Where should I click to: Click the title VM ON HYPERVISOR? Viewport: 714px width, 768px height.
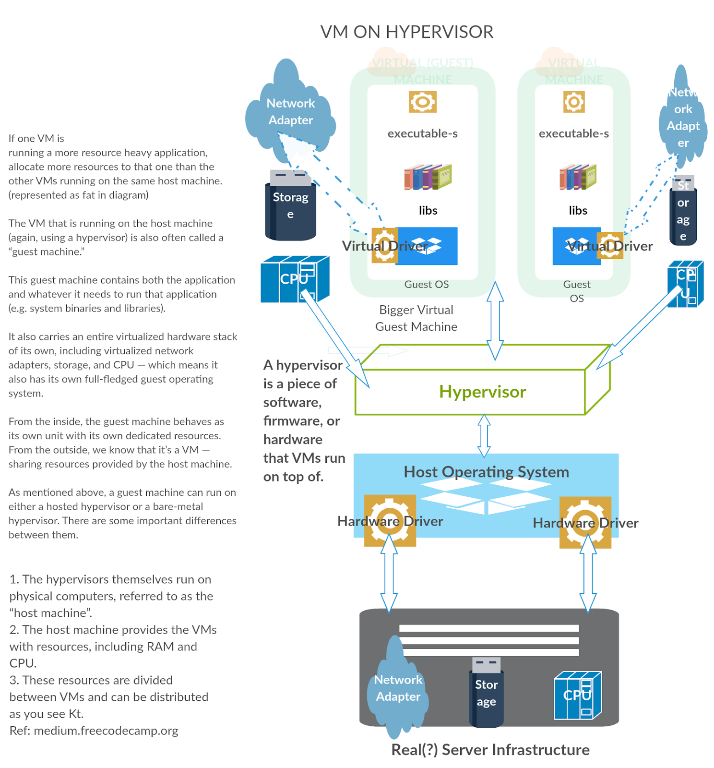[406, 32]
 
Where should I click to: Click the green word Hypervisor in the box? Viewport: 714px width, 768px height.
[482, 392]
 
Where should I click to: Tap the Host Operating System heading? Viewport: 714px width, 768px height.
[486, 472]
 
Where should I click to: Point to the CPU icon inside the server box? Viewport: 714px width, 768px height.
[577, 695]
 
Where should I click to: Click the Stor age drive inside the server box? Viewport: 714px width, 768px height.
[486, 693]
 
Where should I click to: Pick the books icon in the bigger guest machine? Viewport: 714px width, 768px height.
[428, 177]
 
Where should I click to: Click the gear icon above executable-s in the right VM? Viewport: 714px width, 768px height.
[574, 102]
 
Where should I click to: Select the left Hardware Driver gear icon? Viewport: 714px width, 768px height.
[390, 520]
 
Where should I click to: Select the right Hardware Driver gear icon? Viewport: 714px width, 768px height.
[585, 522]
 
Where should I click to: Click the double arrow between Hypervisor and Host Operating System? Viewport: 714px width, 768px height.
[484, 435]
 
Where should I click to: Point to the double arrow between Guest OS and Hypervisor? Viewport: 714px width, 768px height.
[495, 321]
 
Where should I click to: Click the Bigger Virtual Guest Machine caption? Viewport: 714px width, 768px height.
[416, 318]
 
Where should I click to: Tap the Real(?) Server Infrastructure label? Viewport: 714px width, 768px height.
[490, 750]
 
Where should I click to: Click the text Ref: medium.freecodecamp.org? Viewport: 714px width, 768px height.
[94, 731]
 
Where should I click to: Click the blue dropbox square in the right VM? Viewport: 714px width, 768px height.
[576, 246]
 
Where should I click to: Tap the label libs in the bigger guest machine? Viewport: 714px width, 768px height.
[428, 210]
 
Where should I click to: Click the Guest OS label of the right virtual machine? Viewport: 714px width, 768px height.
[576, 291]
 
